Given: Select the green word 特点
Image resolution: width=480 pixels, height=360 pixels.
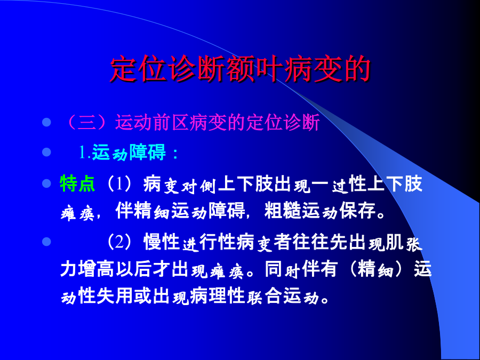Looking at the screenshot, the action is click(77, 183).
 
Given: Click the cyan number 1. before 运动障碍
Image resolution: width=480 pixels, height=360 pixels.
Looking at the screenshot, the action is click(85, 152).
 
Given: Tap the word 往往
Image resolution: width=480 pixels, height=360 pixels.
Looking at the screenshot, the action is click(310, 242).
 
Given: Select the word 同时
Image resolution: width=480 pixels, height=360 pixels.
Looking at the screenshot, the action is click(282, 269).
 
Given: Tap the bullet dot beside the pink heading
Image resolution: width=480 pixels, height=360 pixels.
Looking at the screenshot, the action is click(46, 123).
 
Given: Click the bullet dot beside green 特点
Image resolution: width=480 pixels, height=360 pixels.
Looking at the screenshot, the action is click(46, 183).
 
